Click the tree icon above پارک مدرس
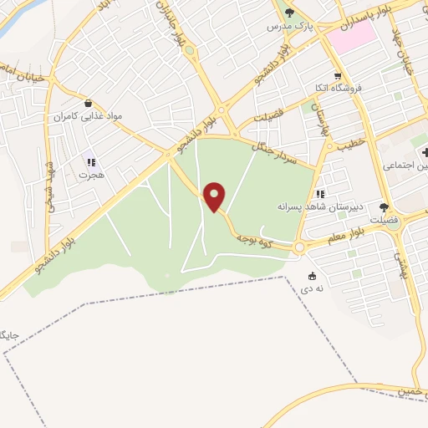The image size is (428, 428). click(x=290, y=13)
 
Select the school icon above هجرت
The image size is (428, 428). click(x=90, y=161)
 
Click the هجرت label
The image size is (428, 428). click(x=89, y=176)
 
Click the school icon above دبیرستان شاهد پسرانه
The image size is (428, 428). click(x=320, y=194)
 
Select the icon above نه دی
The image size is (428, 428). click(x=313, y=276)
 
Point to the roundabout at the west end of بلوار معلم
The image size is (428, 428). click(x=299, y=247)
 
